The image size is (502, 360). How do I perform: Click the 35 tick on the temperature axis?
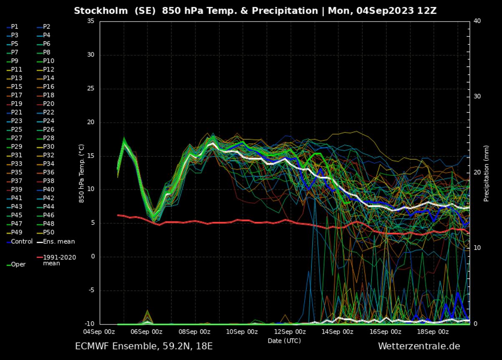tap(91, 21)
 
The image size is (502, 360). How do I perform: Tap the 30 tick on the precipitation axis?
tap(478, 97)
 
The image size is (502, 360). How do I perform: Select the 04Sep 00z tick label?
tap(99, 332)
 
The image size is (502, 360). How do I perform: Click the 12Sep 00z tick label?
tap(290, 332)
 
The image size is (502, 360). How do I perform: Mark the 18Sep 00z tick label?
tap(433, 332)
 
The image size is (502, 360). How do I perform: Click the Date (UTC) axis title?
tap(284, 341)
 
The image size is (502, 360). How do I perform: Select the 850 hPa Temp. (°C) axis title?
tap(82, 174)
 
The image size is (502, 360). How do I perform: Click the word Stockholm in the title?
tap(100, 11)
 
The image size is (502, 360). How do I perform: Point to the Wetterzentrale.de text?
tap(419, 346)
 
